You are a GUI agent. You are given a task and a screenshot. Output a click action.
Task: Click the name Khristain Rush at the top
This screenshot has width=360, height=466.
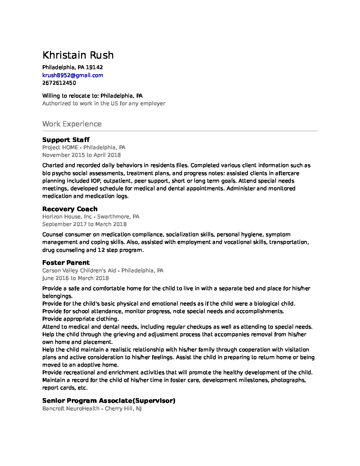click(78, 55)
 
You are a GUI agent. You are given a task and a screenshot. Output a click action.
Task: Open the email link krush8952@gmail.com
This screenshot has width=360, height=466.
click(72, 75)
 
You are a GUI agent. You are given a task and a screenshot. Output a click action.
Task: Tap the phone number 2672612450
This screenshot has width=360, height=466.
click(59, 83)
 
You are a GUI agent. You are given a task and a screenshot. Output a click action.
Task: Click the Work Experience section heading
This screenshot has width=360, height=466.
click(72, 124)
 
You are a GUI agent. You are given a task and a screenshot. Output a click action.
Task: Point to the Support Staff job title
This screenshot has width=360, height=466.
click(66, 140)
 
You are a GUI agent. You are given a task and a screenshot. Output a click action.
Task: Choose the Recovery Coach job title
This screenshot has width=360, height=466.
click(70, 209)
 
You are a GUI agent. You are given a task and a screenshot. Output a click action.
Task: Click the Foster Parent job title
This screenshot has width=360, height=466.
click(66, 262)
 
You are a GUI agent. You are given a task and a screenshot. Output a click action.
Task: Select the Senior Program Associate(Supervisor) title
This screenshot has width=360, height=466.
click(109, 400)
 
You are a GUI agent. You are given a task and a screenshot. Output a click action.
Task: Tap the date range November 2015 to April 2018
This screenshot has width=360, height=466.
click(81, 155)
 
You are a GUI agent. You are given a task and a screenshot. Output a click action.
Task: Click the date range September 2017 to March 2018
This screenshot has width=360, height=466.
click(84, 224)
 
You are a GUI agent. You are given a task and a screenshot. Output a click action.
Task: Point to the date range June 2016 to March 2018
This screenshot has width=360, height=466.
click(75, 278)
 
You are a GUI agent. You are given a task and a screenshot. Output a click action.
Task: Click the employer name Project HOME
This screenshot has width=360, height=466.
click(60, 147)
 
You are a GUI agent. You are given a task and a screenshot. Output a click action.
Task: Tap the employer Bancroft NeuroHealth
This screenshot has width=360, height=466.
click(71, 408)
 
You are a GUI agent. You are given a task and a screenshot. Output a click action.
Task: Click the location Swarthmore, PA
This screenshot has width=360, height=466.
click(118, 216)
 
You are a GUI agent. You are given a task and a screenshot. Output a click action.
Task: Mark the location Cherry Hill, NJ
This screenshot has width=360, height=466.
click(123, 408)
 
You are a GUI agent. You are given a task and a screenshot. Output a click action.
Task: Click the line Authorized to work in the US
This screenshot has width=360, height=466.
click(104, 103)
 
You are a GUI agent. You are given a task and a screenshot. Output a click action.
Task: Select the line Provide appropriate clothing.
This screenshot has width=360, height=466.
click(80, 319)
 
